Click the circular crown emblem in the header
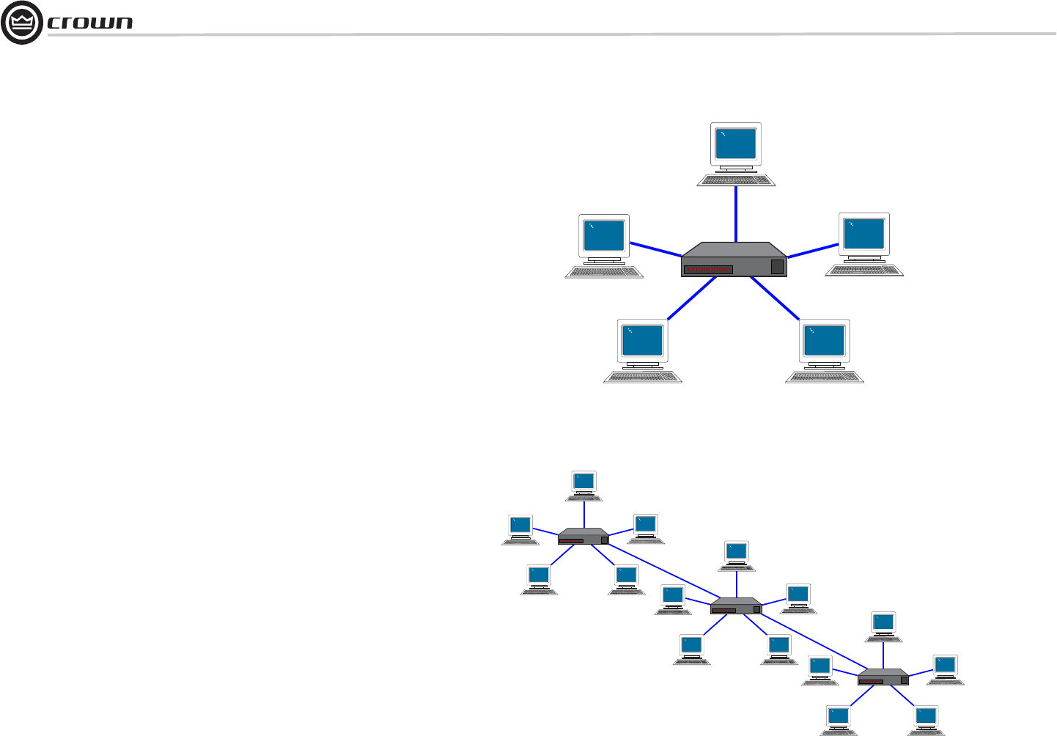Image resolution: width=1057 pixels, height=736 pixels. tap(22, 22)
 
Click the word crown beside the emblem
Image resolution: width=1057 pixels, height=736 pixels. tap(90, 23)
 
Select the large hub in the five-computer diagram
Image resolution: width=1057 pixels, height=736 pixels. tap(733, 260)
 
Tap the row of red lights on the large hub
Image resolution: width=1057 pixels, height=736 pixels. tap(708, 270)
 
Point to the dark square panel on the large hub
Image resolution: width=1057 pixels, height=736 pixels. tap(777, 267)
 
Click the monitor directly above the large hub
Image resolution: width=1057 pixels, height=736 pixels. tap(736, 144)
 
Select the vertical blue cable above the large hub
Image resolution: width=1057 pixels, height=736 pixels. tap(735, 213)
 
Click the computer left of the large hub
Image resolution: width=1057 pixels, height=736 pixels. tap(605, 246)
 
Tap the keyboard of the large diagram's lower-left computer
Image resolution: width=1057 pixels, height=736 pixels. tap(643, 377)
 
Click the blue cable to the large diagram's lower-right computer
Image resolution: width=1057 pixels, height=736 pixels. tap(775, 298)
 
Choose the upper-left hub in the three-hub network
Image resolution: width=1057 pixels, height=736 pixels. tap(583, 537)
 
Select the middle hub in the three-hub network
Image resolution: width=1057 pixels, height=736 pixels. tap(736, 606)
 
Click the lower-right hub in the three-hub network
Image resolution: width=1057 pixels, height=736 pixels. tap(883, 677)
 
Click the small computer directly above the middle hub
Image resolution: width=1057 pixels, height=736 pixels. tap(736, 556)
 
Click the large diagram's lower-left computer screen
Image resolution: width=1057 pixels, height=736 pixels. tap(643, 340)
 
